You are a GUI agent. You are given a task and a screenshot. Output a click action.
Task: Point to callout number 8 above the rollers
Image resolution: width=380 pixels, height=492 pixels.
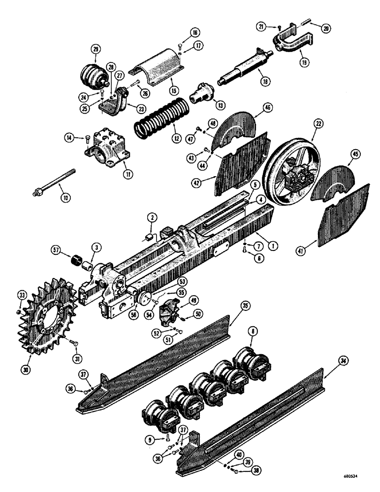pos(252,332)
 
